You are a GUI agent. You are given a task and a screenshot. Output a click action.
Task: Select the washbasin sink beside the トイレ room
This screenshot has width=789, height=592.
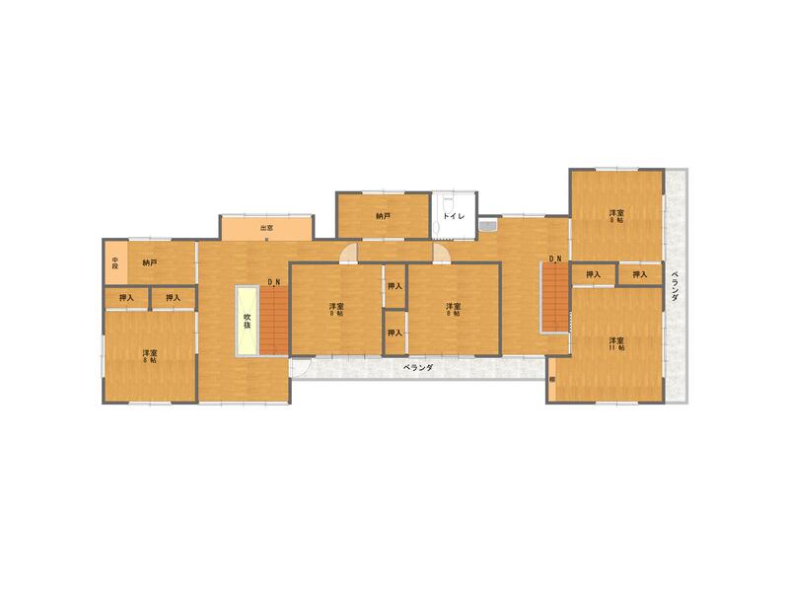coord(486,228)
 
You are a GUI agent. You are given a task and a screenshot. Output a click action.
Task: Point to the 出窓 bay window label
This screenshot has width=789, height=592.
coord(266,228)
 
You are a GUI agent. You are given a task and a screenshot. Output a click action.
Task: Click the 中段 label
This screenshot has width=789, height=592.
coord(115,262)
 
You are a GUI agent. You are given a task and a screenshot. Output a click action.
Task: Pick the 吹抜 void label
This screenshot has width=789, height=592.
coord(248,320)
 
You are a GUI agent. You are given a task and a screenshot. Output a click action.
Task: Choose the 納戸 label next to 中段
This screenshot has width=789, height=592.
coord(149,262)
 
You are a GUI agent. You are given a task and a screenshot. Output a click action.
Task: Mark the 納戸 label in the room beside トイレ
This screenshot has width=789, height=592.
coord(383,215)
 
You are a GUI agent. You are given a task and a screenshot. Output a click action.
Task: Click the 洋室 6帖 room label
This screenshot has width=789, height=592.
coord(616,216)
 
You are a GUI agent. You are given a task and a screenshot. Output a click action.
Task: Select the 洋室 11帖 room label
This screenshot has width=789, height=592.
coord(616,344)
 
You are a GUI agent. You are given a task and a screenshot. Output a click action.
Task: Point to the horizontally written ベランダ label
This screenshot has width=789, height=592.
coord(418,367)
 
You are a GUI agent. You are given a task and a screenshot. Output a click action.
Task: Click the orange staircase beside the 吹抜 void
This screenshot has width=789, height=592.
coord(273,320)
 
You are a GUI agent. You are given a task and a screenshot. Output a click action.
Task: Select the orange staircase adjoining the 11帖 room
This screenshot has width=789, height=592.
coord(555,299)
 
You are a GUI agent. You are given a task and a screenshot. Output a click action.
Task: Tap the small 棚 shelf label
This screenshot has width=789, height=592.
coord(552,380)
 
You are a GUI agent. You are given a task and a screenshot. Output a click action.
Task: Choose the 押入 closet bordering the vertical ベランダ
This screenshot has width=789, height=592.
coord(640,274)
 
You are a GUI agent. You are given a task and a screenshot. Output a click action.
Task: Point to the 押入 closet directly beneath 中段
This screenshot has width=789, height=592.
coord(126,297)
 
